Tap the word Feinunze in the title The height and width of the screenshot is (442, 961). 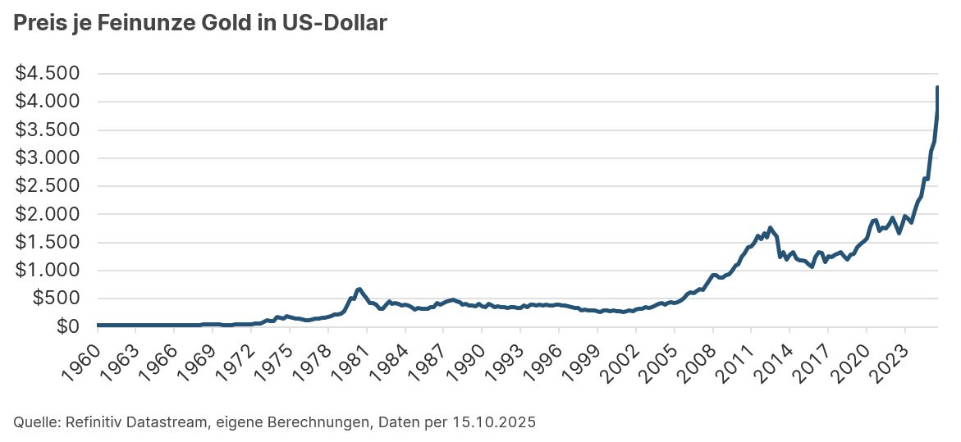[x=145, y=24]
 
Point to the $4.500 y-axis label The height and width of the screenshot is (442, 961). [x=47, y=74]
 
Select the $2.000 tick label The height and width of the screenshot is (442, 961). [x=47, y=214]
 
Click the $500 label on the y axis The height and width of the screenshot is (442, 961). [x=55, y=298]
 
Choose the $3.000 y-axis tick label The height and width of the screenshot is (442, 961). [x=47, y=158]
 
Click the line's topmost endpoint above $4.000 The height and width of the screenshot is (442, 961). [x=937, y=88]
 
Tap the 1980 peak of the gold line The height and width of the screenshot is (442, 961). [x=359, y=289]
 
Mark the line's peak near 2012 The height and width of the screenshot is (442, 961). [x=770, y=228]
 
